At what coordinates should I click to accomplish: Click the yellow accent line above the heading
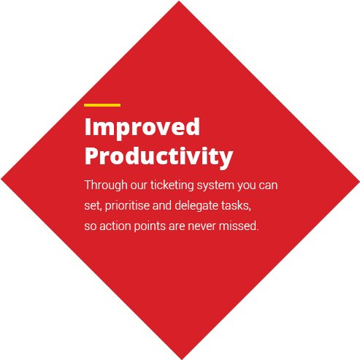click(x=102, y=105)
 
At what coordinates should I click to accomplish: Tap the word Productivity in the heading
click(x=158, y=157)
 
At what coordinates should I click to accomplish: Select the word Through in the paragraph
click(x=106, y=185)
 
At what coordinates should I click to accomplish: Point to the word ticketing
click(x=172, y=185)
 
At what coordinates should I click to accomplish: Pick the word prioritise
click(x=127, y=206)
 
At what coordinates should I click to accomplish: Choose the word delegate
click(x=196, y=206)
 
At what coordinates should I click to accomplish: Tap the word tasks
click(x=236, y=206)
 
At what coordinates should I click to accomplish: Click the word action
click(x=115, y=226)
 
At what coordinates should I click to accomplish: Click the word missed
click(x=239, y=226)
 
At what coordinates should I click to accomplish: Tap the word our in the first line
click(x=139, y=186)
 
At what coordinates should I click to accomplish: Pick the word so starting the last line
click(x=91, y=227)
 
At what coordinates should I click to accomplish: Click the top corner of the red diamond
click(x=179, y=1)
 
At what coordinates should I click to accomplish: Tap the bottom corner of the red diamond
click(x=182, y=359)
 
